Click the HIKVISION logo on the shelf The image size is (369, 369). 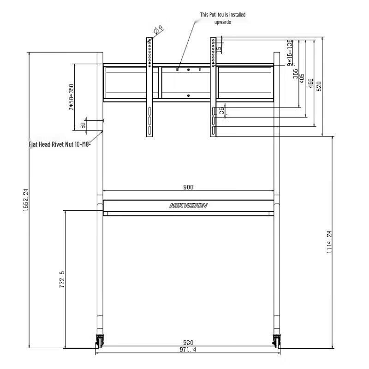click(x=188, y=205)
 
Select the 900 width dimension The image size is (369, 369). click(x=188, y=187)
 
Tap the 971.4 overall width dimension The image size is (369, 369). click(x=188, y=350)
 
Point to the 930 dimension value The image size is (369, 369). click(x=188, y=343)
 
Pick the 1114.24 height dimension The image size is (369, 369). click(x=329, y=242)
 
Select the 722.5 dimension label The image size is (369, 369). click(x=62, y=280)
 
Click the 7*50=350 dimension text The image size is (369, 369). click(x=71, y=97)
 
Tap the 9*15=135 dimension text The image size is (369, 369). click(x=289, y=53)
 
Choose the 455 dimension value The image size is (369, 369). click(x=311, y=83)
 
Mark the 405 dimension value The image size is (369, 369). click(x=303, y=78)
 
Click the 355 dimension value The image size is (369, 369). click(x=296, y=74)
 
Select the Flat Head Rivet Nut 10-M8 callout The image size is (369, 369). click(x=60, y=144)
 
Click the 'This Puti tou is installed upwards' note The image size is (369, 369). click(x=222, y=18)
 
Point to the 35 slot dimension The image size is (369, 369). click(x=222, y=110)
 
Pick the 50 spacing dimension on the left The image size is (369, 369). click(x=83, y=125)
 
